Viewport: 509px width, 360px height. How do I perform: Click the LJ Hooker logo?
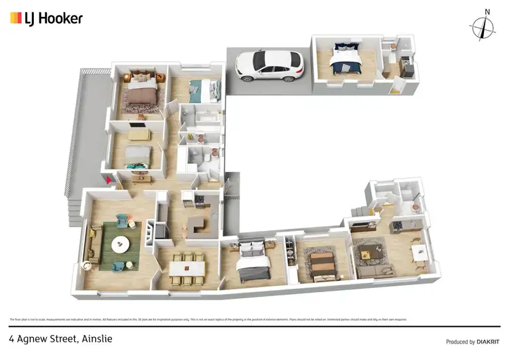46,18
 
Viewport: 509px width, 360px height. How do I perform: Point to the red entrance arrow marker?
107,179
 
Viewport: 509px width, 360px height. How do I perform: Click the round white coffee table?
120,243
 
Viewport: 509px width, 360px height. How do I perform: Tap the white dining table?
187,268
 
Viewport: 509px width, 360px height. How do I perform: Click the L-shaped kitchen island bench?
200,224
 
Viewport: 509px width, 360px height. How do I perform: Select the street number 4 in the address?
12,338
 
